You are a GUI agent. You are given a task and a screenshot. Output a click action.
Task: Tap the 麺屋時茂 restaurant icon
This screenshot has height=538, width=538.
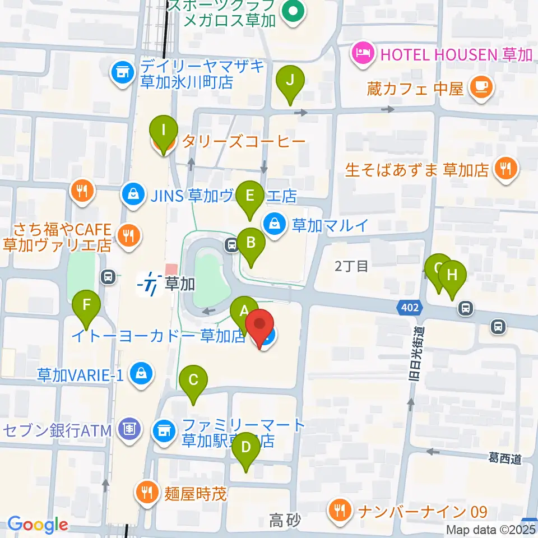tap(147, 493)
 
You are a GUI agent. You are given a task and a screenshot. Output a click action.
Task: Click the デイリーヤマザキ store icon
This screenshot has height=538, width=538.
tap(120, 71)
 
